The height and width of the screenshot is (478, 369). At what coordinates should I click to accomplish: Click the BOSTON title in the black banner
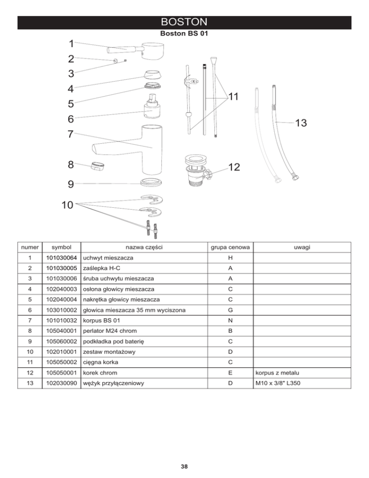[x=184, y=23]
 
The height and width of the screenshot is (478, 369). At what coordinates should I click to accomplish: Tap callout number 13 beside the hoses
[x=301, y=124]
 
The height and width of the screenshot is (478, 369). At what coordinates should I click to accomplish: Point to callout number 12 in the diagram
[x=234, y=167]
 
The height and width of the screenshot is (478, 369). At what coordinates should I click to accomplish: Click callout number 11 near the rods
[x=234, y=97]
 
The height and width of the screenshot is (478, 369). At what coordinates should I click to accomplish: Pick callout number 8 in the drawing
[x=71, y=164]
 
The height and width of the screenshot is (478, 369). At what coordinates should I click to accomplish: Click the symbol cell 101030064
[x=61, y=258]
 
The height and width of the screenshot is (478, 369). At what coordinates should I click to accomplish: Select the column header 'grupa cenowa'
[x=231, y=247]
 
